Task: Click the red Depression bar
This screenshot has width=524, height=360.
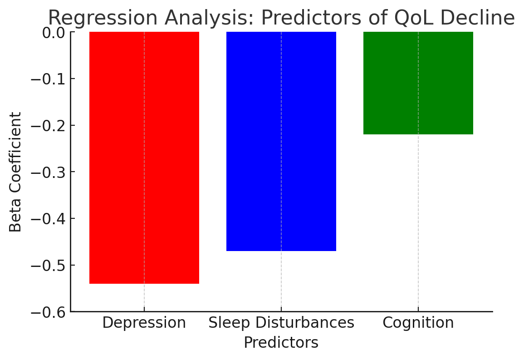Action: click(144, 158)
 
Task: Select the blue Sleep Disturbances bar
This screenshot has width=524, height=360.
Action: click(281, 141)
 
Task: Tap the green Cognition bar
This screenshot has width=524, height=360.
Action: click(418, 83)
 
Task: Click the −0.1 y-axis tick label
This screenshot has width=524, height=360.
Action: click(47, 79)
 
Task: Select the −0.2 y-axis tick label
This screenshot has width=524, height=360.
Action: click(47, 126)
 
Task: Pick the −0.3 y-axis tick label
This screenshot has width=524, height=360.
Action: click(47, 173)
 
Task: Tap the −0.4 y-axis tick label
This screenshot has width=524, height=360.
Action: click(47, 219)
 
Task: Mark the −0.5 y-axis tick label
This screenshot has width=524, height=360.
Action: click(47, 266)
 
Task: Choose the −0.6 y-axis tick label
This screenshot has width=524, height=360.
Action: click(47, 312)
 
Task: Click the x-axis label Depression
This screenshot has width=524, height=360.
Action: click(144, 323)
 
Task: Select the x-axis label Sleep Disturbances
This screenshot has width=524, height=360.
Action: click(281, 323)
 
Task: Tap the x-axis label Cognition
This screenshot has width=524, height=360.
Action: click(418, 323)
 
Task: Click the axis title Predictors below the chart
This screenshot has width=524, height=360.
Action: click(281, 343)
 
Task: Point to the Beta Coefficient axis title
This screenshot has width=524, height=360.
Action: click(16, 172)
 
